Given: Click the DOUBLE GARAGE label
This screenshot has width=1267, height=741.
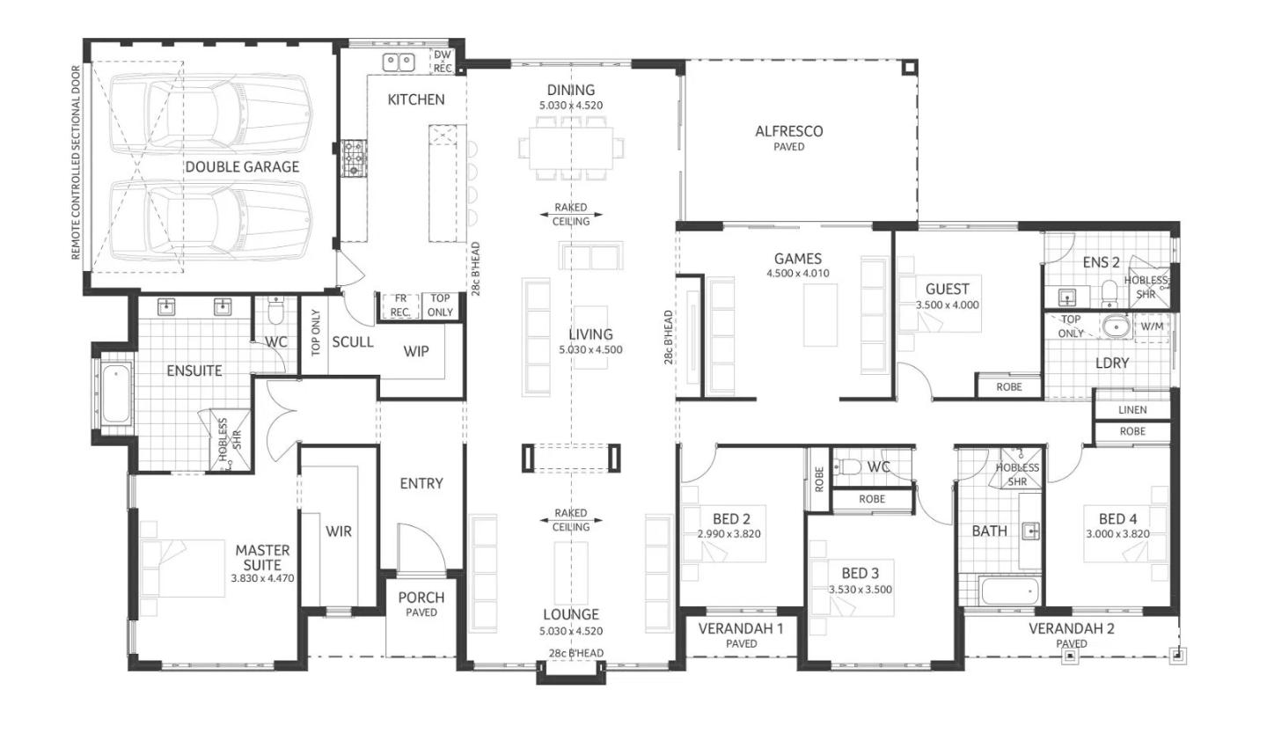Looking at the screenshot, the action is click(242, 167).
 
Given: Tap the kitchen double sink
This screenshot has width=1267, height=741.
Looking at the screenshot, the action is click(399, 62).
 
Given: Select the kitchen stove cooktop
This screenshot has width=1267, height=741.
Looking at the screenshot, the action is click(354, 158).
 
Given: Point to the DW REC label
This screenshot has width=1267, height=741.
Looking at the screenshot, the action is click(443, 62).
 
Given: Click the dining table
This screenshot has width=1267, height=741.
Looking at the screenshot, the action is click(571, 148).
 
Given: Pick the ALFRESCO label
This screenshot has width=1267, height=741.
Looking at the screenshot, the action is click(789, 131).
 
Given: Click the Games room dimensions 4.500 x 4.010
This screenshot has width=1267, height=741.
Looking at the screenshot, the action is click(797, 274).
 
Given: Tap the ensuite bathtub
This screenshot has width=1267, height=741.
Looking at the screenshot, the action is click(116, 393).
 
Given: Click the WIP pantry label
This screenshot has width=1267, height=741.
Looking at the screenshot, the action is click(415, 352).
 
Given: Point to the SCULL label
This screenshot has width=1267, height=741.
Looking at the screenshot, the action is click(352, 342).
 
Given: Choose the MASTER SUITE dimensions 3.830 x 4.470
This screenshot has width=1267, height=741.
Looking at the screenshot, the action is click(262, 579).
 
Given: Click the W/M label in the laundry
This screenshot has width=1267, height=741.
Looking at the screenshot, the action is click(1152, 327).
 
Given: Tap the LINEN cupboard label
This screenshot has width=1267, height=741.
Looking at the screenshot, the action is click(1132, 409).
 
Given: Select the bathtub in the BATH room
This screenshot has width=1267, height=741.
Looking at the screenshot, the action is click(1010, 591).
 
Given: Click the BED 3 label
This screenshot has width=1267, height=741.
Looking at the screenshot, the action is click(860, 574).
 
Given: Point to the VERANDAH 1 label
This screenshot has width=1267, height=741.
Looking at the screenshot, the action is click(741, 628).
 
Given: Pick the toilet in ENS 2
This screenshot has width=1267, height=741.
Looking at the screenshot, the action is click(1110, 293).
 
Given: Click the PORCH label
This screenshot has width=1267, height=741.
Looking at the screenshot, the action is click(421, 598).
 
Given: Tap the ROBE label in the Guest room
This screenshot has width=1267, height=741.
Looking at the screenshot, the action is click(1009, 387).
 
